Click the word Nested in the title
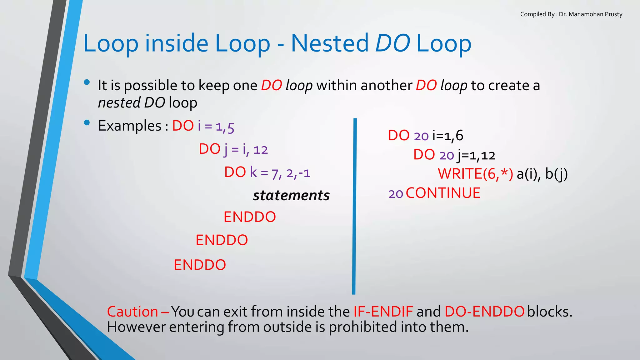point(330,43)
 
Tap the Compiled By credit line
point(571,14)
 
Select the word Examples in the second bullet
point(129,126)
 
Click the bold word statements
point(291,196)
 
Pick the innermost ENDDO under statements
point(250,217)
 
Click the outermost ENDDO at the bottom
point(200,265)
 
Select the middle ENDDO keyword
point(222,240)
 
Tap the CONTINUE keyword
point(443,193)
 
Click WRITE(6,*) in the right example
point(475,174)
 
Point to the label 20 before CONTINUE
point(396,194)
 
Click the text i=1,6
point(447,136)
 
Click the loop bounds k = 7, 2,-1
point(280,173)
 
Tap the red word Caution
point(132,312)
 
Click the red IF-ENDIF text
point(383,312)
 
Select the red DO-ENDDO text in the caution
point(484,312)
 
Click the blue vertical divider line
point(354,206)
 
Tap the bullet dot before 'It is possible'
point(87,82)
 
